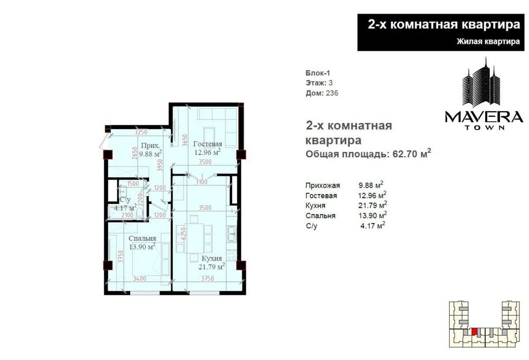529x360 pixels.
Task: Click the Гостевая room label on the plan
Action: tap(207, 144)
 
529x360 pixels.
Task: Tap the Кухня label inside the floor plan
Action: tap(212, 259)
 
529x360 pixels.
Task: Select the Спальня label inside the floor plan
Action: tap(142, 238)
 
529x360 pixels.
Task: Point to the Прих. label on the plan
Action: tap(150, 146)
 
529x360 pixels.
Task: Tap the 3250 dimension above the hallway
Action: tap(141, 132)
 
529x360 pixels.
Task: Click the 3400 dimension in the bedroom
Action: tap(139, 279)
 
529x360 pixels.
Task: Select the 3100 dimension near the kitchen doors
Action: tap(202, 182)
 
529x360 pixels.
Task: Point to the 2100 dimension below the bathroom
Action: tap(127, 215)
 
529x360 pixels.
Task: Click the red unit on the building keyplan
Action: tap(474, 331)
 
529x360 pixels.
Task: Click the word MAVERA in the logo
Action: tap(484, 117)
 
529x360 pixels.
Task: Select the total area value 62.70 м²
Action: tap(412, 154)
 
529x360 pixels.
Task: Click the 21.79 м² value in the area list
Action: tap(372, 205)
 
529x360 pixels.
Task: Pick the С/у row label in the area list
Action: tap(312, 226)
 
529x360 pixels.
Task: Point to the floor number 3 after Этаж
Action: tap(331, 83)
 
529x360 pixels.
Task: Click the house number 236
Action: tap(332, 93)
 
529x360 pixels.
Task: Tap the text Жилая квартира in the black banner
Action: tap(488, 41)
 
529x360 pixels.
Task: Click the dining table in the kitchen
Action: tap(194, 238)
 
